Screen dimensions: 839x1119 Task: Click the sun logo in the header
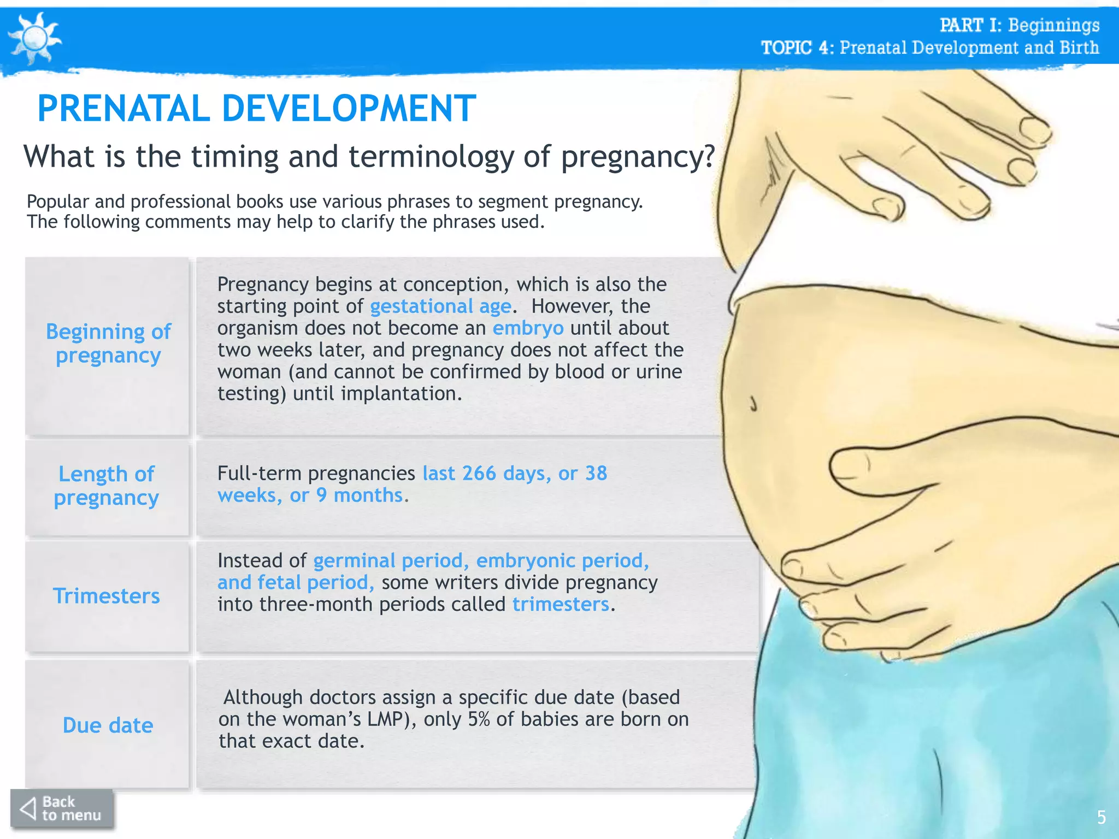click(35, 38)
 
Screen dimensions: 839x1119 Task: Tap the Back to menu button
click(62, 808)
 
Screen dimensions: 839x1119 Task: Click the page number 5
click(1101, 817)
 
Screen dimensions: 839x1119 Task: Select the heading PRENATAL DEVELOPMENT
click(257, 108)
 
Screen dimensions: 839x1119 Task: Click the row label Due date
click(108, 725)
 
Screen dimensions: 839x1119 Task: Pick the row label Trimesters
click(107, 595)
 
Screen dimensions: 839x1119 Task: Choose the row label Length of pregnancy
click(107, 486)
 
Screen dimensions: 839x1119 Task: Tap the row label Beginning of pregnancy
click(108, 343)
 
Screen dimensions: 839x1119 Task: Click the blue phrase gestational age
click(440, 306)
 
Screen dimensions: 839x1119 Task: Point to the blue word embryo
click(528, 328)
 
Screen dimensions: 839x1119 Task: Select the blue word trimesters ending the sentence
click(561, 604)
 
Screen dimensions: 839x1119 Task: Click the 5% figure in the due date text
click(479, 719)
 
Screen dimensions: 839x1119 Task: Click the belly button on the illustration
click(753, 404)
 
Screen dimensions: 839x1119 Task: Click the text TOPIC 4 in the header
click(796, 48)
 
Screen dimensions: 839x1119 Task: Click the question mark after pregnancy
click(709, 157)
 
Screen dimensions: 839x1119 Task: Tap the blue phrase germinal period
click(388, 561)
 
